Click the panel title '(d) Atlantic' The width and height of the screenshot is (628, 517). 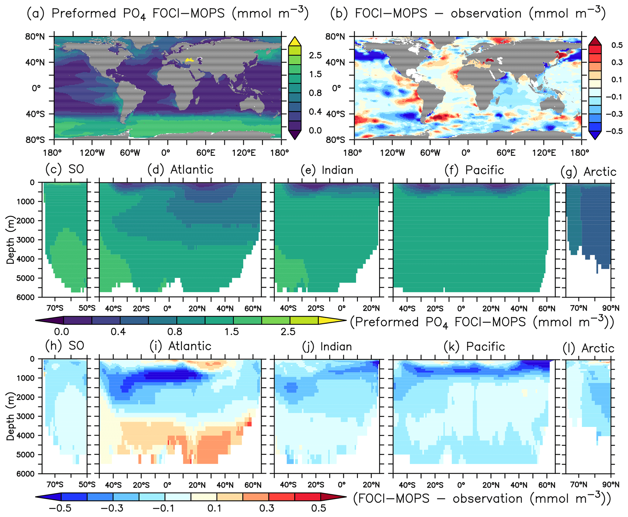(180, 170)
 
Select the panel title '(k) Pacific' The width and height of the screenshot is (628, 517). (474, 346)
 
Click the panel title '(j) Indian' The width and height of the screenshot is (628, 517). (327, 346)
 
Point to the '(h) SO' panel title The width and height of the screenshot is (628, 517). (65, 345)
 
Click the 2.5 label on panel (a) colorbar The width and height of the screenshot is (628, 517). (315, 55)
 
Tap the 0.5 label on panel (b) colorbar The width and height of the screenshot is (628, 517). (617, 45)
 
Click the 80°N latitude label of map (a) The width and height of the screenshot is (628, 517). (35, 37)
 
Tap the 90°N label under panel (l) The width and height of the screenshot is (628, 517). (611, 484)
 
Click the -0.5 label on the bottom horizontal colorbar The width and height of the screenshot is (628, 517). (60, 508)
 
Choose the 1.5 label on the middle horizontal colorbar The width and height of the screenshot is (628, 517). (232, 331)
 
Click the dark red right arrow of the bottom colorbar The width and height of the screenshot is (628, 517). (334, 497)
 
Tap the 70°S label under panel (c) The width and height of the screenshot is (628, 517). (55, 308)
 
